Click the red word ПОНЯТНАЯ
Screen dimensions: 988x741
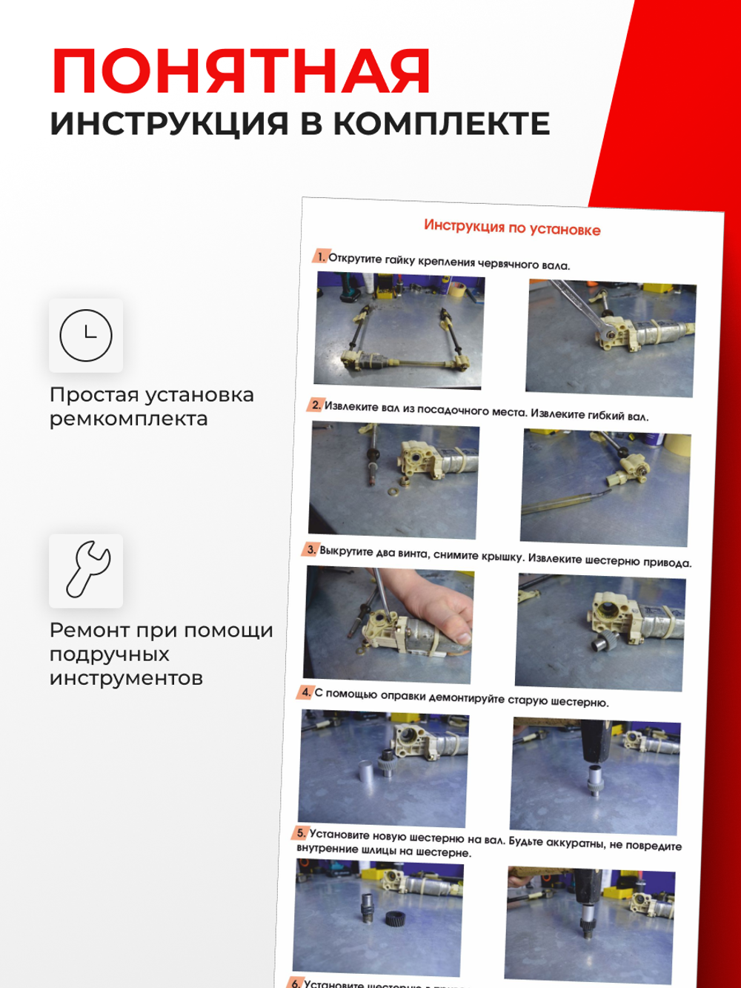click(241, 72)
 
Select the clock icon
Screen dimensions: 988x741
click(86, 336)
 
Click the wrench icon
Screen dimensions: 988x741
click(87, 570)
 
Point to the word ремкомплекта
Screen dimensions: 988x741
click(128, 419)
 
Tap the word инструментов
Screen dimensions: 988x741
click(126, 678)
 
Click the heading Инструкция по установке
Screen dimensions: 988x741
click(512, 228)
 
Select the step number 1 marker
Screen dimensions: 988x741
click(320, 256)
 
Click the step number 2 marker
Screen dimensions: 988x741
click(316, 405)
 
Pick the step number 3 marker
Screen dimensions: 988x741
click(310, 549)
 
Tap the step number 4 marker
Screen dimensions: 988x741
click(305, 692)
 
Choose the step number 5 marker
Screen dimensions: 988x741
click(301, 832)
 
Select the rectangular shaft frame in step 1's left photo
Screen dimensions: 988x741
click(400, 337)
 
